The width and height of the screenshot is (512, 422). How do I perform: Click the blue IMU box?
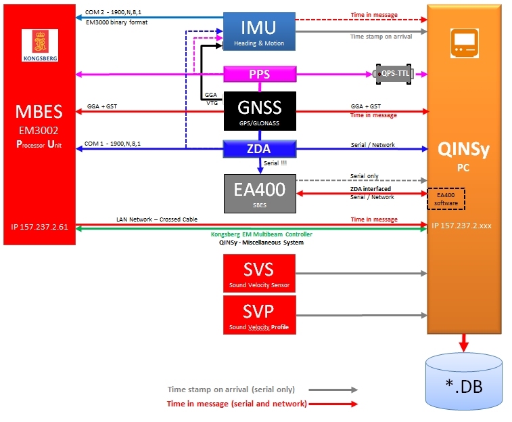(259, 32)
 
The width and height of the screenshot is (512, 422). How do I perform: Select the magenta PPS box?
(260, 74)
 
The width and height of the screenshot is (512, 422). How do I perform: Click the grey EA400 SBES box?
(259, 193)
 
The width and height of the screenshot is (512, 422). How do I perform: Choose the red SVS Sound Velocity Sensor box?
(259, 274)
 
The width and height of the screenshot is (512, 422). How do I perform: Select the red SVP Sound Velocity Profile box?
(259, 314)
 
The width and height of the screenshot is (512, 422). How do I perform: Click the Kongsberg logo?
(40, 46)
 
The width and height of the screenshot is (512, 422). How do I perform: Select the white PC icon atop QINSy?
(463, 45)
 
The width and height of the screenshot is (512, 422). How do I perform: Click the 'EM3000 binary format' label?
(117, 22)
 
